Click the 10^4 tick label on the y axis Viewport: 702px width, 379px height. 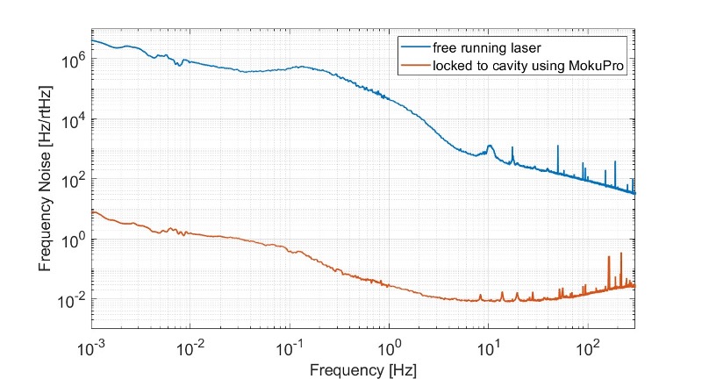click(74, 119)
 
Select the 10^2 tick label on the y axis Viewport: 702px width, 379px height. click(74, 179)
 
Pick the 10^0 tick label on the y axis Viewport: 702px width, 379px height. click(74, 239)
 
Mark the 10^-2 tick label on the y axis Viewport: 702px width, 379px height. click(72, 299)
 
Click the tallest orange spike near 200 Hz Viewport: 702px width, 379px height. click(621, 254)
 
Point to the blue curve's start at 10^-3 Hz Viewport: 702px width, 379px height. click(92, 40)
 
